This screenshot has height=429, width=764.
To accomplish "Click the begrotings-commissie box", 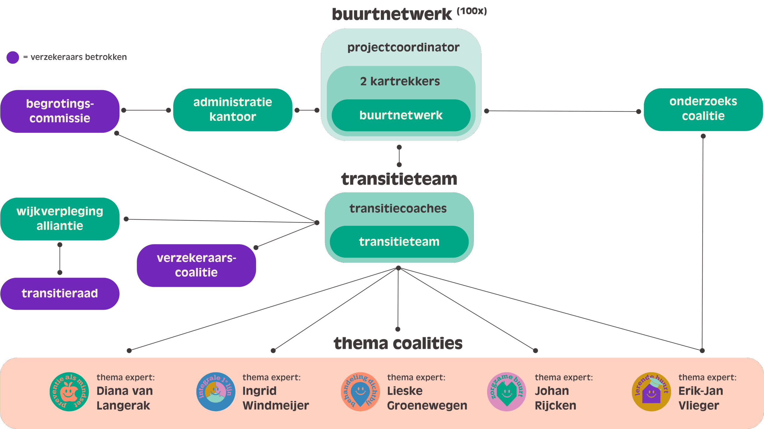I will click(60, 111).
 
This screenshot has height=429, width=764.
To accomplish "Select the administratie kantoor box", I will click(232, 110).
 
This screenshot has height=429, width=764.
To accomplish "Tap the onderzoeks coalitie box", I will click(703, 109).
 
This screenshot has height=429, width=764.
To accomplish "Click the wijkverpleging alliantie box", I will click(60, 219).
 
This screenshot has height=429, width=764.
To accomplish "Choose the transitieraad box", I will click(60, 293).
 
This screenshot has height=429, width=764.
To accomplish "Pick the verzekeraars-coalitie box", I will click(196, 265).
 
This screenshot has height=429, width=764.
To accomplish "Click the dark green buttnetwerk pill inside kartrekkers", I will click(401, 115).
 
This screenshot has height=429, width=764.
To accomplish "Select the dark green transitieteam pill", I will click(399, 242).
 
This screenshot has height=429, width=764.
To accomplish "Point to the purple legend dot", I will click(13, 57).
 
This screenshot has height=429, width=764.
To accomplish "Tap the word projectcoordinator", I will click(403, 47).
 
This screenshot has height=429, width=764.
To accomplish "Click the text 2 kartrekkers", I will click(400, 81).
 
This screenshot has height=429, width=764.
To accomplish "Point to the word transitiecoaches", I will click(398, 209).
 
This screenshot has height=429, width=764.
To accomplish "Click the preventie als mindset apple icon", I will click(69, 391).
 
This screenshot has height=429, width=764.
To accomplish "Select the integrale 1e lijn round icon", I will click(215, 391).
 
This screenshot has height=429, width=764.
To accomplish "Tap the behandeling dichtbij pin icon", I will click(360, 391).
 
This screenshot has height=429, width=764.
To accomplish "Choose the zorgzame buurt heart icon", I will click(506, 391).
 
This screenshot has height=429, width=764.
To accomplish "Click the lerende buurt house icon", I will click(651, 391).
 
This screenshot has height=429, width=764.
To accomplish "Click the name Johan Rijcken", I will click(555, 398).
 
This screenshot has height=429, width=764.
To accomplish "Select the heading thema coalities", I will click(398, 343).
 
